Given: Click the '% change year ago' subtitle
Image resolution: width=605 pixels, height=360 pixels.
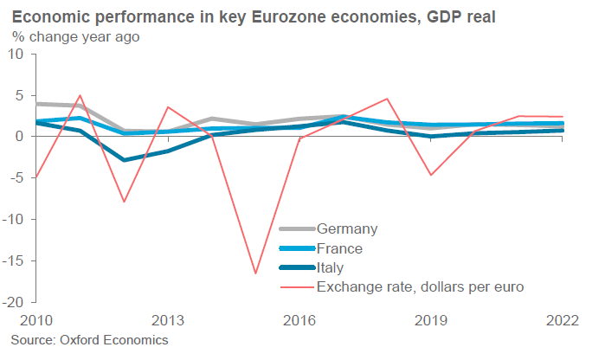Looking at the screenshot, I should (x=75, y=36).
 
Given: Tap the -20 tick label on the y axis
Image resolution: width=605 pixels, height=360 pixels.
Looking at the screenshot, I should (x=16, y=303).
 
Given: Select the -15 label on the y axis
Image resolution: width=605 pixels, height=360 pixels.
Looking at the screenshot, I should (x=16, y=261).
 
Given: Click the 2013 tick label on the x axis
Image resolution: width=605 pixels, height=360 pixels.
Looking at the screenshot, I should (x=167, y=320).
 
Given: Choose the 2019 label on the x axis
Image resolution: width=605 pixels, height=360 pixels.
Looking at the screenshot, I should (x=431, y=320).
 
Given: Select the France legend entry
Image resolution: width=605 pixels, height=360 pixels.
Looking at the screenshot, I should (x=342, y=248).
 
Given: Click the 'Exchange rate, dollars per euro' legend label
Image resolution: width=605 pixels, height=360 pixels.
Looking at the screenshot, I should (x=422, y=287).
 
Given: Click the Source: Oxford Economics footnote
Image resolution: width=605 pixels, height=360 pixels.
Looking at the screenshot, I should (x=89, y=341).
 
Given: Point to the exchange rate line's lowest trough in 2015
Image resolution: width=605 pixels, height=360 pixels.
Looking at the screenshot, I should (x=255, y=273).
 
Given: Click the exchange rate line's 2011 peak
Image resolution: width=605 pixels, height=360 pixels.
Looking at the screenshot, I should (x=80, y=95).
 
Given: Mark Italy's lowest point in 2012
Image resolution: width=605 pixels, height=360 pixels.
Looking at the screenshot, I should (x=124, y=160).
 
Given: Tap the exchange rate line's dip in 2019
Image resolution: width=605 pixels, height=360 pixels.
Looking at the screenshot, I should (x=431, y=175).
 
